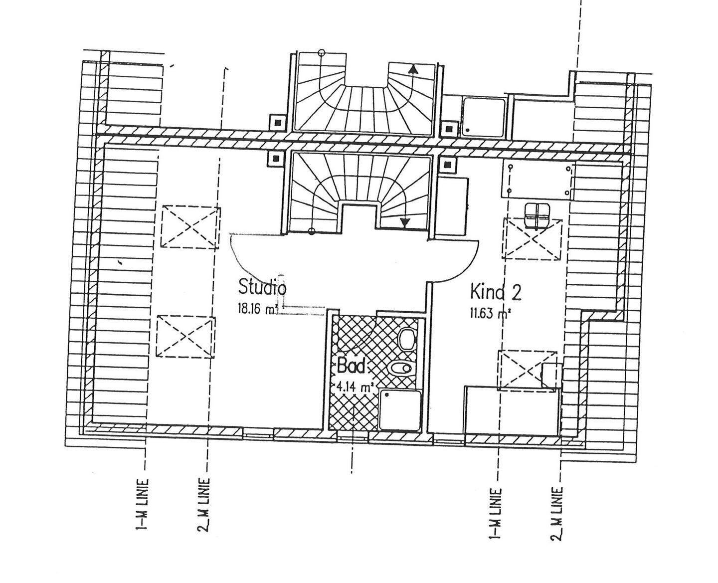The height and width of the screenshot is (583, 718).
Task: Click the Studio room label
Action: [x=262, y=288]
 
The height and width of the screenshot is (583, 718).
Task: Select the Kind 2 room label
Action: [x=495, y=292]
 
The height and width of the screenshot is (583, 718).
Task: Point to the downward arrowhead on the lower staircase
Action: [x=405, y=222]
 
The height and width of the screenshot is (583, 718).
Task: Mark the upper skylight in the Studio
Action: [x=190, y=227]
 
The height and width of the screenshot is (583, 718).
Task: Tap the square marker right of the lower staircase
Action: [x=446, y=164]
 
